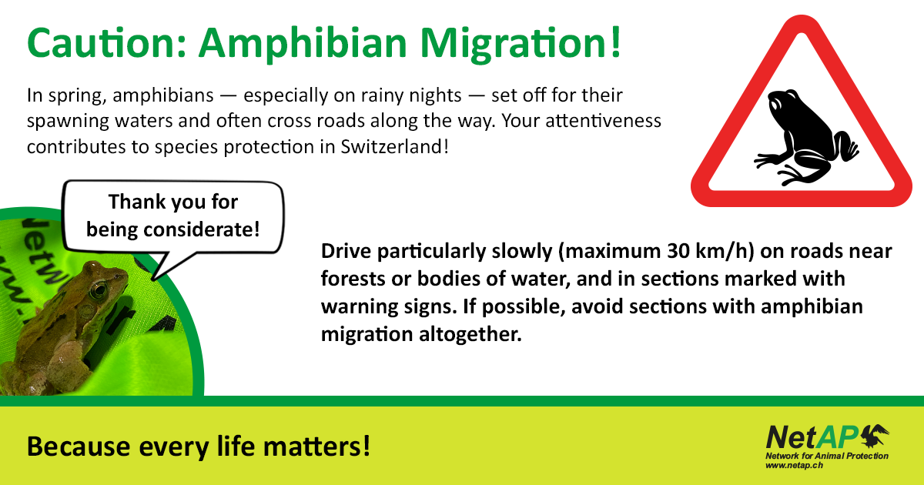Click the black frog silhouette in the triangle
(x=806, y=137)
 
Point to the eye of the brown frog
(x=99, y=289)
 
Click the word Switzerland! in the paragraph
(x=394, y=146)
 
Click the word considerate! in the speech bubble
(x=202, y=229)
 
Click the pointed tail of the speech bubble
(x=153, y=279)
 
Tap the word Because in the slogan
(x=79, y=447)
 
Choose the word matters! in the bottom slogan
(x=316, y=447)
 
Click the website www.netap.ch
(x=794, y=466)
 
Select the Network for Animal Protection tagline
(x=827, y=456)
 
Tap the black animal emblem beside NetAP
(x=875, y=436)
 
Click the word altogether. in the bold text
(x=470, y=334)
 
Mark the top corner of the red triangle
(x=802, y=15)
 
